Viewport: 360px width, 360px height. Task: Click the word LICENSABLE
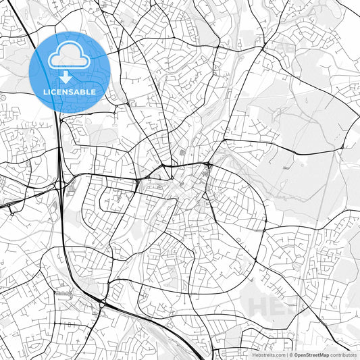70,92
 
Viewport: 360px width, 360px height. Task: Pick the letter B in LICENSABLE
87,92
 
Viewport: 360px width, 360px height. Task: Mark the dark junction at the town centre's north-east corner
209,165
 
